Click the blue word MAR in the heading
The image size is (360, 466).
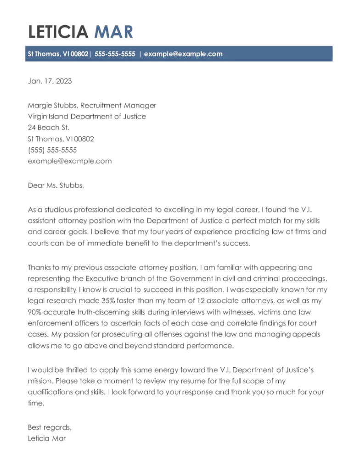coord(113,32)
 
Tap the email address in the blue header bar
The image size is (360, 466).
coord(183,54)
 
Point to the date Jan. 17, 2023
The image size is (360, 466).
coord(50,81)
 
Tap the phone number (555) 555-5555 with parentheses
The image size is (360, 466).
coord(52,150)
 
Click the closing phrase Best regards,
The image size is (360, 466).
coord(50,427)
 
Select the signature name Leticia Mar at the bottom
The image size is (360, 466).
coord(47,438)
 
